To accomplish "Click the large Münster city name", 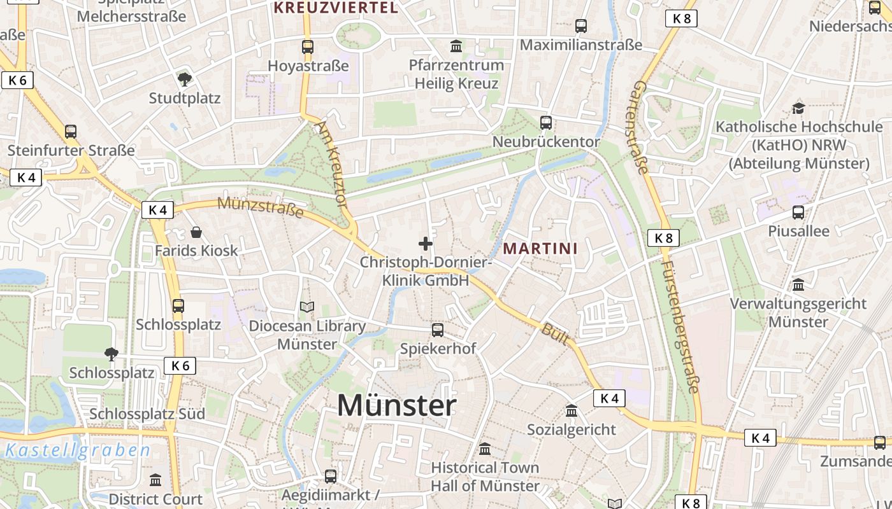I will coord(396,405).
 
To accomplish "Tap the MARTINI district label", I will coord(540,248).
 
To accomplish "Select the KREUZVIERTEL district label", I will coord(336,8).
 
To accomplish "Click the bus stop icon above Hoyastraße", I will coord(308,46).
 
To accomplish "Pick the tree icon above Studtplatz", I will coord(185,80).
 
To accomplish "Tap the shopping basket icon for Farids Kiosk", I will coord(196,232).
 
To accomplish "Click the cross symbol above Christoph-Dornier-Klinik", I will coord(426,244).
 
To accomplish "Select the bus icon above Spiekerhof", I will coord(438,330).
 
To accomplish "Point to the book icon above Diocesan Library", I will coord(307,307).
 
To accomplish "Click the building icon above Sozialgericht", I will coord(572,411).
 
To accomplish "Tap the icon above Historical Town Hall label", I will coord(485,449).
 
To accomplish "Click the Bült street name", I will coord(555,333).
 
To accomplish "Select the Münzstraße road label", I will coord(260,207).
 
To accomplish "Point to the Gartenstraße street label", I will coord(641,127).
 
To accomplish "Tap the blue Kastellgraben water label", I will coord(78,451).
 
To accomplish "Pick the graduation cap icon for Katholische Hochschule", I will coord(798,108).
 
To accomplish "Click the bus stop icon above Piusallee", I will coord(798,213).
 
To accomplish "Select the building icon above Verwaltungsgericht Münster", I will coord(798,284).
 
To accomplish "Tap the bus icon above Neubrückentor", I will coord(546,123).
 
